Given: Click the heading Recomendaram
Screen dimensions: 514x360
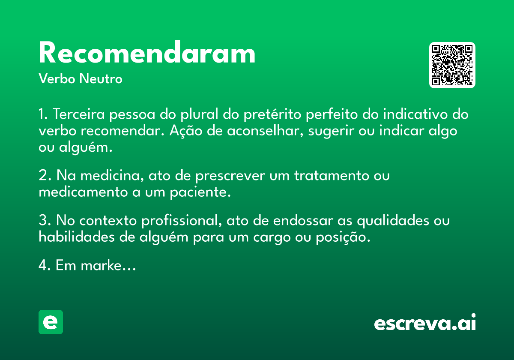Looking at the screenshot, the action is pos(147,52).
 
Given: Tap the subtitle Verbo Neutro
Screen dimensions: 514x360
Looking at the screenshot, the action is pos(81,79).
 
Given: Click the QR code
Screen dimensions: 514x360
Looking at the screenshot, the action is pos(452,65).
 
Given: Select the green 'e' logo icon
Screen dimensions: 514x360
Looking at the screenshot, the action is pos(51,322).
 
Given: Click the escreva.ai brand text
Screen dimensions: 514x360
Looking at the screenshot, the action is pos(425,322).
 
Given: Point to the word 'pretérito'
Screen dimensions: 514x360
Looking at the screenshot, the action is pos(272,114).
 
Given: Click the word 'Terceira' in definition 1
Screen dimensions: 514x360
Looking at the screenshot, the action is pos(79,114).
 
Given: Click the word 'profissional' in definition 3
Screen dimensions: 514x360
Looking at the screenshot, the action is pos(182,221).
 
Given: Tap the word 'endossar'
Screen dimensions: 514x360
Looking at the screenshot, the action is pos(303,221).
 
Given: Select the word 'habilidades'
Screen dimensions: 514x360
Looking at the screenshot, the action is pos(77,237).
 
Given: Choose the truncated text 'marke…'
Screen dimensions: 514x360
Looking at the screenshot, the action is pos(108,265).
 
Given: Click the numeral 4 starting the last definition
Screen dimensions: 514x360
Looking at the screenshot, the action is pos(43,265).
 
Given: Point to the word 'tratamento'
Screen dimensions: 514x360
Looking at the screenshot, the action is pos(332,176).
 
